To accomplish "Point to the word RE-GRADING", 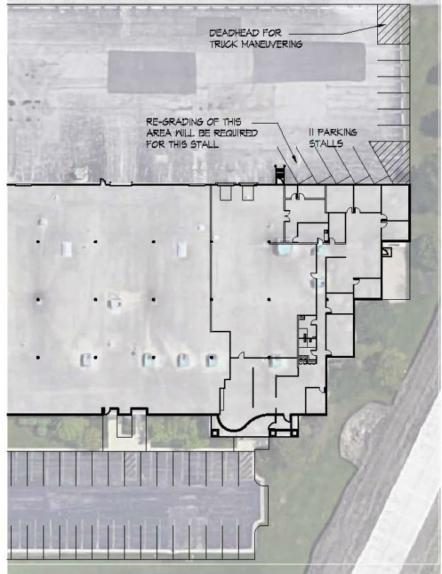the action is tap(173, 122).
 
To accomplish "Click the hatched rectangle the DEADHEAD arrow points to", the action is tap(393, 24).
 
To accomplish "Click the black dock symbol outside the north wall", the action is tap(279, 174).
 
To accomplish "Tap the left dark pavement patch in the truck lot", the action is tap(152, 71).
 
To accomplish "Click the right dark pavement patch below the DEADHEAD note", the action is tap(309, 62).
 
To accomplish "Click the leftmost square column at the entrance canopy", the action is tap(214, 433).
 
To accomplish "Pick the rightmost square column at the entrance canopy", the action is tap(294, 433).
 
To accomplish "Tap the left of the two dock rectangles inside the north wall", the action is tap(225, 192).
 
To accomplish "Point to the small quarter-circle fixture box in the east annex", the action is tap(387, 251).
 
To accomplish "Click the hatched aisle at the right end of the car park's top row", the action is tap(246, 466).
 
